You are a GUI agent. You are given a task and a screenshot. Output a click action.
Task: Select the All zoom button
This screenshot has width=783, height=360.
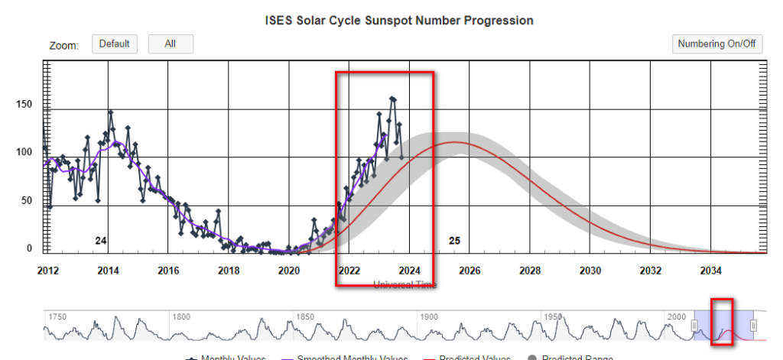pos(171,44)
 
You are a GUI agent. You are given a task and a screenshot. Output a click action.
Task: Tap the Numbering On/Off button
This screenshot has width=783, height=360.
pos(717,44)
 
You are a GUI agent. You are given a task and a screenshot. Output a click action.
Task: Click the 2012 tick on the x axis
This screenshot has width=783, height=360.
pos(47,271)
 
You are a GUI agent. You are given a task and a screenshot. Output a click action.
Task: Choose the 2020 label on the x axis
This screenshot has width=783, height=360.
pos(288,271)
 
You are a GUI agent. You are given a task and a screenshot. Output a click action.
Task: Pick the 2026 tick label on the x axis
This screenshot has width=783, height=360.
pos(469,271)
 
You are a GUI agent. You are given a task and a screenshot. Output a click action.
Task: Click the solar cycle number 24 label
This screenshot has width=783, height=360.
pos(100,241)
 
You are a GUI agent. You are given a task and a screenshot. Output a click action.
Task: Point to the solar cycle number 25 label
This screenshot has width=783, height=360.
pos(454,241)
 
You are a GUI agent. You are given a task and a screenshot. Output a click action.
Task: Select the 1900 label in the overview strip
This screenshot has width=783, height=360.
pos(427,316)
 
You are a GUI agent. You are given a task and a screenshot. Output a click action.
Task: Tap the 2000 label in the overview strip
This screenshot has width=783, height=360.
pos(677,316)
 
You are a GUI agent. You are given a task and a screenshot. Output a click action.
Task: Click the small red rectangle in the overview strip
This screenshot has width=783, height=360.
pos(723,322)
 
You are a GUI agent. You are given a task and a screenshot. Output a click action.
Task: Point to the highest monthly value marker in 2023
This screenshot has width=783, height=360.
pos(392,99)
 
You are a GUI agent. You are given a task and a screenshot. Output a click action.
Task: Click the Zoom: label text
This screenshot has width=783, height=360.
pos(64,45)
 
